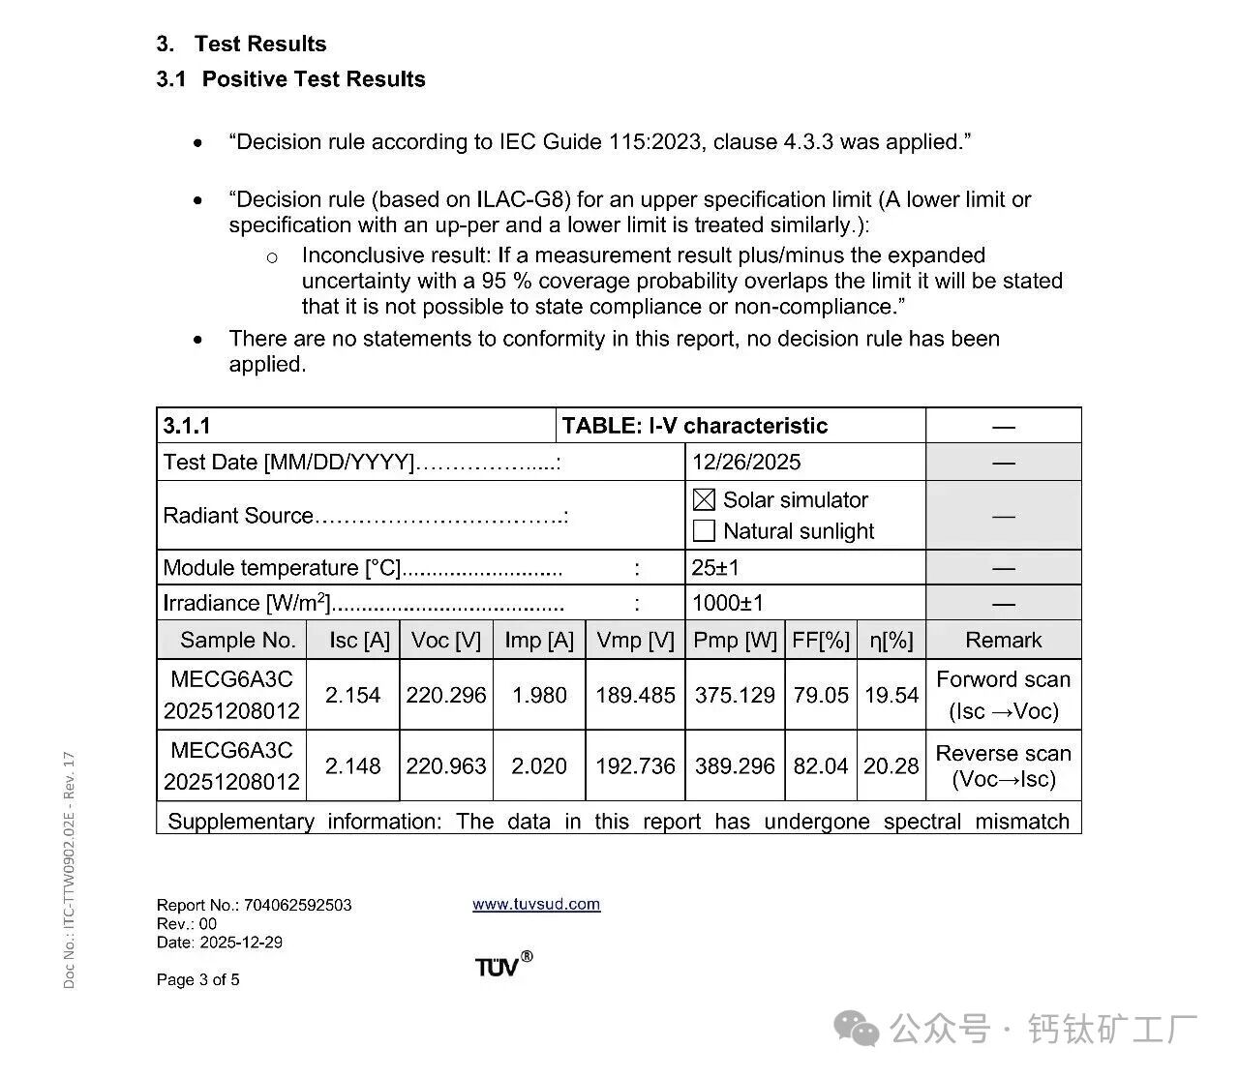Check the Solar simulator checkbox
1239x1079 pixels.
pos(705,499)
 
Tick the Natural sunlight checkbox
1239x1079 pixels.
pos(705,530)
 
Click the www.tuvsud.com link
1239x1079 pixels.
pos(536,904)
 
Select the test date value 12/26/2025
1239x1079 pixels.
pos(746,462)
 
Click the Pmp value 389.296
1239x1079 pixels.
pos(735,765)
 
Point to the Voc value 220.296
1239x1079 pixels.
pos(446,695)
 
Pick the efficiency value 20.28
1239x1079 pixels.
pos(891,765)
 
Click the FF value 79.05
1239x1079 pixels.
pos(821,695)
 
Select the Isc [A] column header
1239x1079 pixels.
pos(359,640)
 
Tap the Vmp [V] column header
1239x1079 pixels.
pos(635,640)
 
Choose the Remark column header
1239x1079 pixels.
pos(1003,640)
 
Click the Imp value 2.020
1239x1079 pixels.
pos(539,765)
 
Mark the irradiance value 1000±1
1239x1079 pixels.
pos(728,603)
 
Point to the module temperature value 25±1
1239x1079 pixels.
pos(715,567)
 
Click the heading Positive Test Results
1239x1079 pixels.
pos(314,79)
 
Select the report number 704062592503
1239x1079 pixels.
pos(298,905)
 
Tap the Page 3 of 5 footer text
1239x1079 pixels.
pos(198,979)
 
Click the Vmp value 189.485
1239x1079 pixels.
pos(635,695)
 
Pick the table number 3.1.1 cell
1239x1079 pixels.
pos(187,426)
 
